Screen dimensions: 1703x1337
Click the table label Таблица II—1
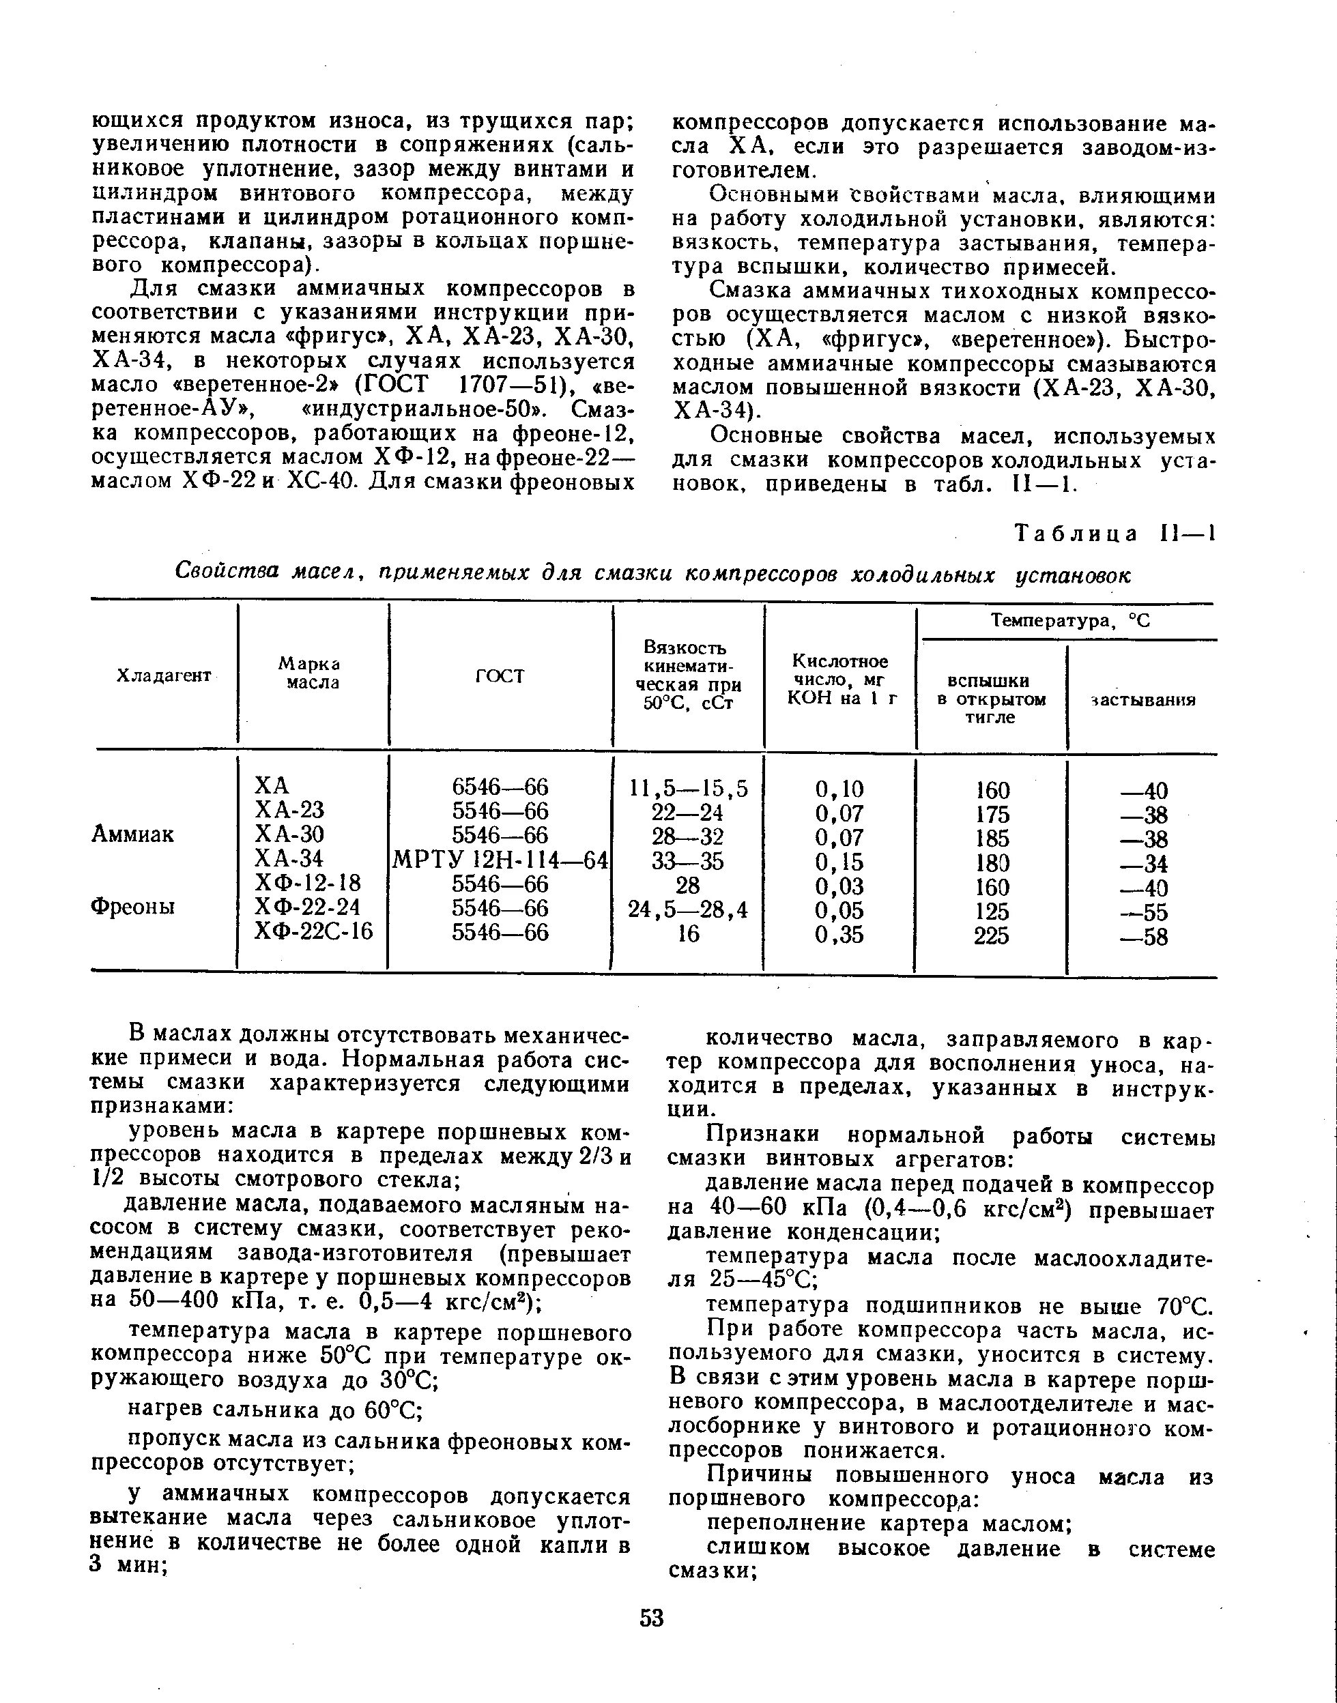(1115, 534)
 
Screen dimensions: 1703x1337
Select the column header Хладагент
(164, 675)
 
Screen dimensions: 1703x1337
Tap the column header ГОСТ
(500, 675)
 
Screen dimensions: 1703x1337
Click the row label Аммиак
(132, 834)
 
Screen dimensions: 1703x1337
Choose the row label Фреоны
(132, 906)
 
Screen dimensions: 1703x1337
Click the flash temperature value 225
(991, 935)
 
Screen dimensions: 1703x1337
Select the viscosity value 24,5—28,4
(689, 909)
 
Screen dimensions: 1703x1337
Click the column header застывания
(1144, 699)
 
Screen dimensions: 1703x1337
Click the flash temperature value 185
(992, 838)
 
